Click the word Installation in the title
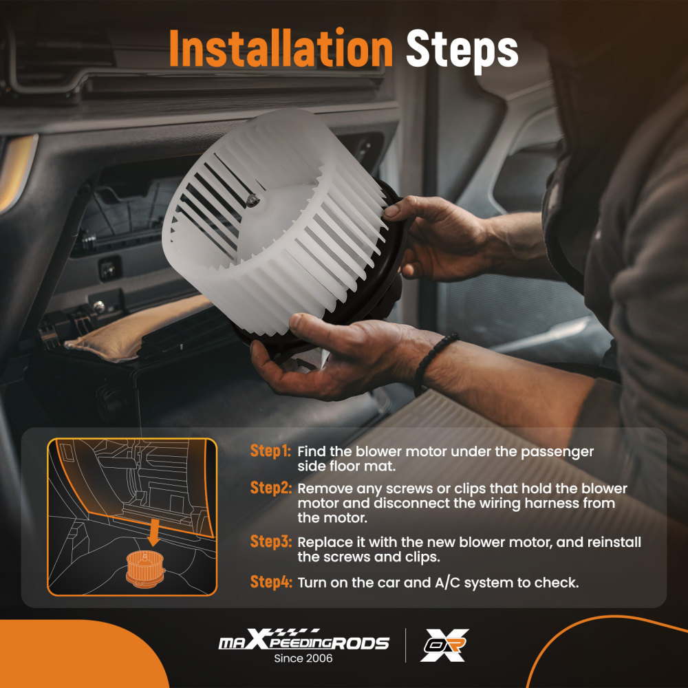281,48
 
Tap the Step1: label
270,451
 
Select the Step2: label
270,488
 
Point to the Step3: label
270,541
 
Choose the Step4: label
270,582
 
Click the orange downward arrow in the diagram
153,532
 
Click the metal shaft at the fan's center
253,200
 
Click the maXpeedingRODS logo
303,640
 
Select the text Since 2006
303,658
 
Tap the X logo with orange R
444,645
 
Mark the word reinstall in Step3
614,542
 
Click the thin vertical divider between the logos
405,645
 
